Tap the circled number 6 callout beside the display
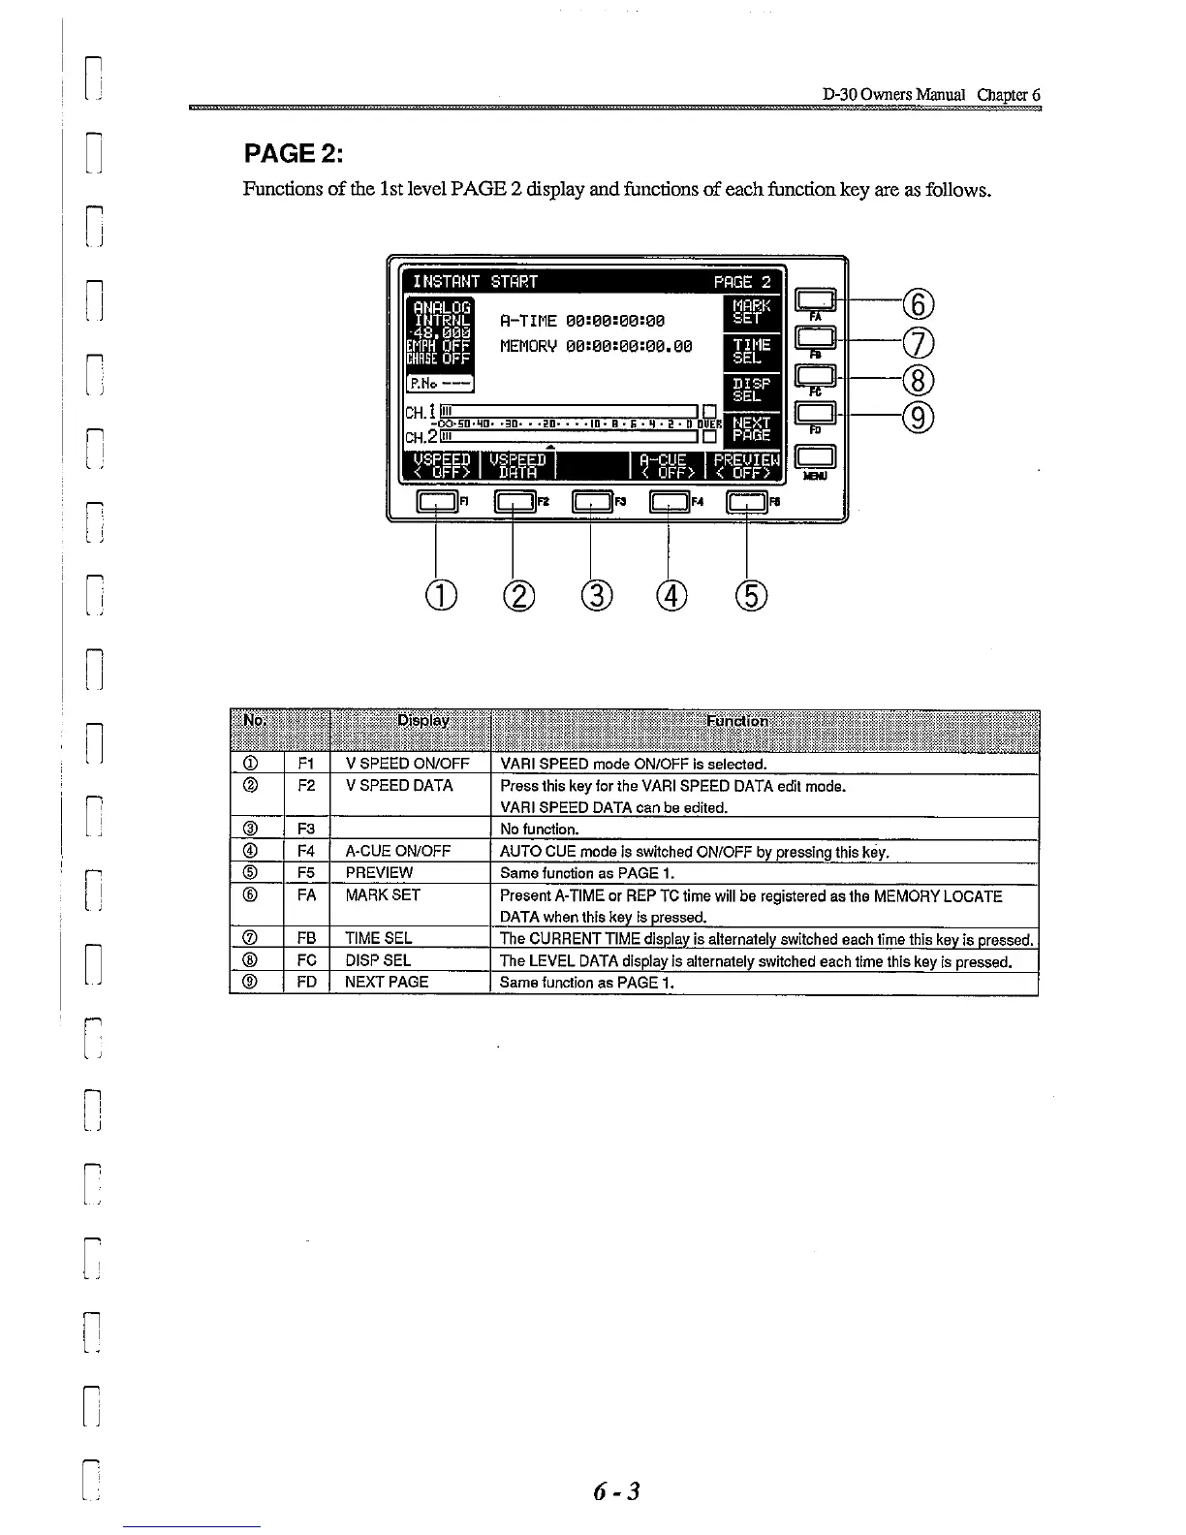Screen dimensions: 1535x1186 tap(918, 305)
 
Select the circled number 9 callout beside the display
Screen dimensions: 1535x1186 tap(918, 417)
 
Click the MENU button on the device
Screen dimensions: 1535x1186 tap(815, 457)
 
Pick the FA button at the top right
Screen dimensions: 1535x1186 tap(815, 300)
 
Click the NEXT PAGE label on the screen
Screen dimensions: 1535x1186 tap(751, 429)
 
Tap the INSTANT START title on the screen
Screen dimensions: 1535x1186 tap(475, 282)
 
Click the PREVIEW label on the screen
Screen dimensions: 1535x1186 tap(745, 466)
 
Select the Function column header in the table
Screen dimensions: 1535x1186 tap(738, 721)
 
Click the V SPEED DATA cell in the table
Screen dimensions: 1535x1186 tap(399, 786)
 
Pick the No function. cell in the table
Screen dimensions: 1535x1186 tap(539, 830)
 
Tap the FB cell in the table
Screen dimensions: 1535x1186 tap(306, 938)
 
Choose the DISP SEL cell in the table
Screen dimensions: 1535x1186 tap(378, 960)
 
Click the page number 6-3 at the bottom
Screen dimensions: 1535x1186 tap(617, 1490)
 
